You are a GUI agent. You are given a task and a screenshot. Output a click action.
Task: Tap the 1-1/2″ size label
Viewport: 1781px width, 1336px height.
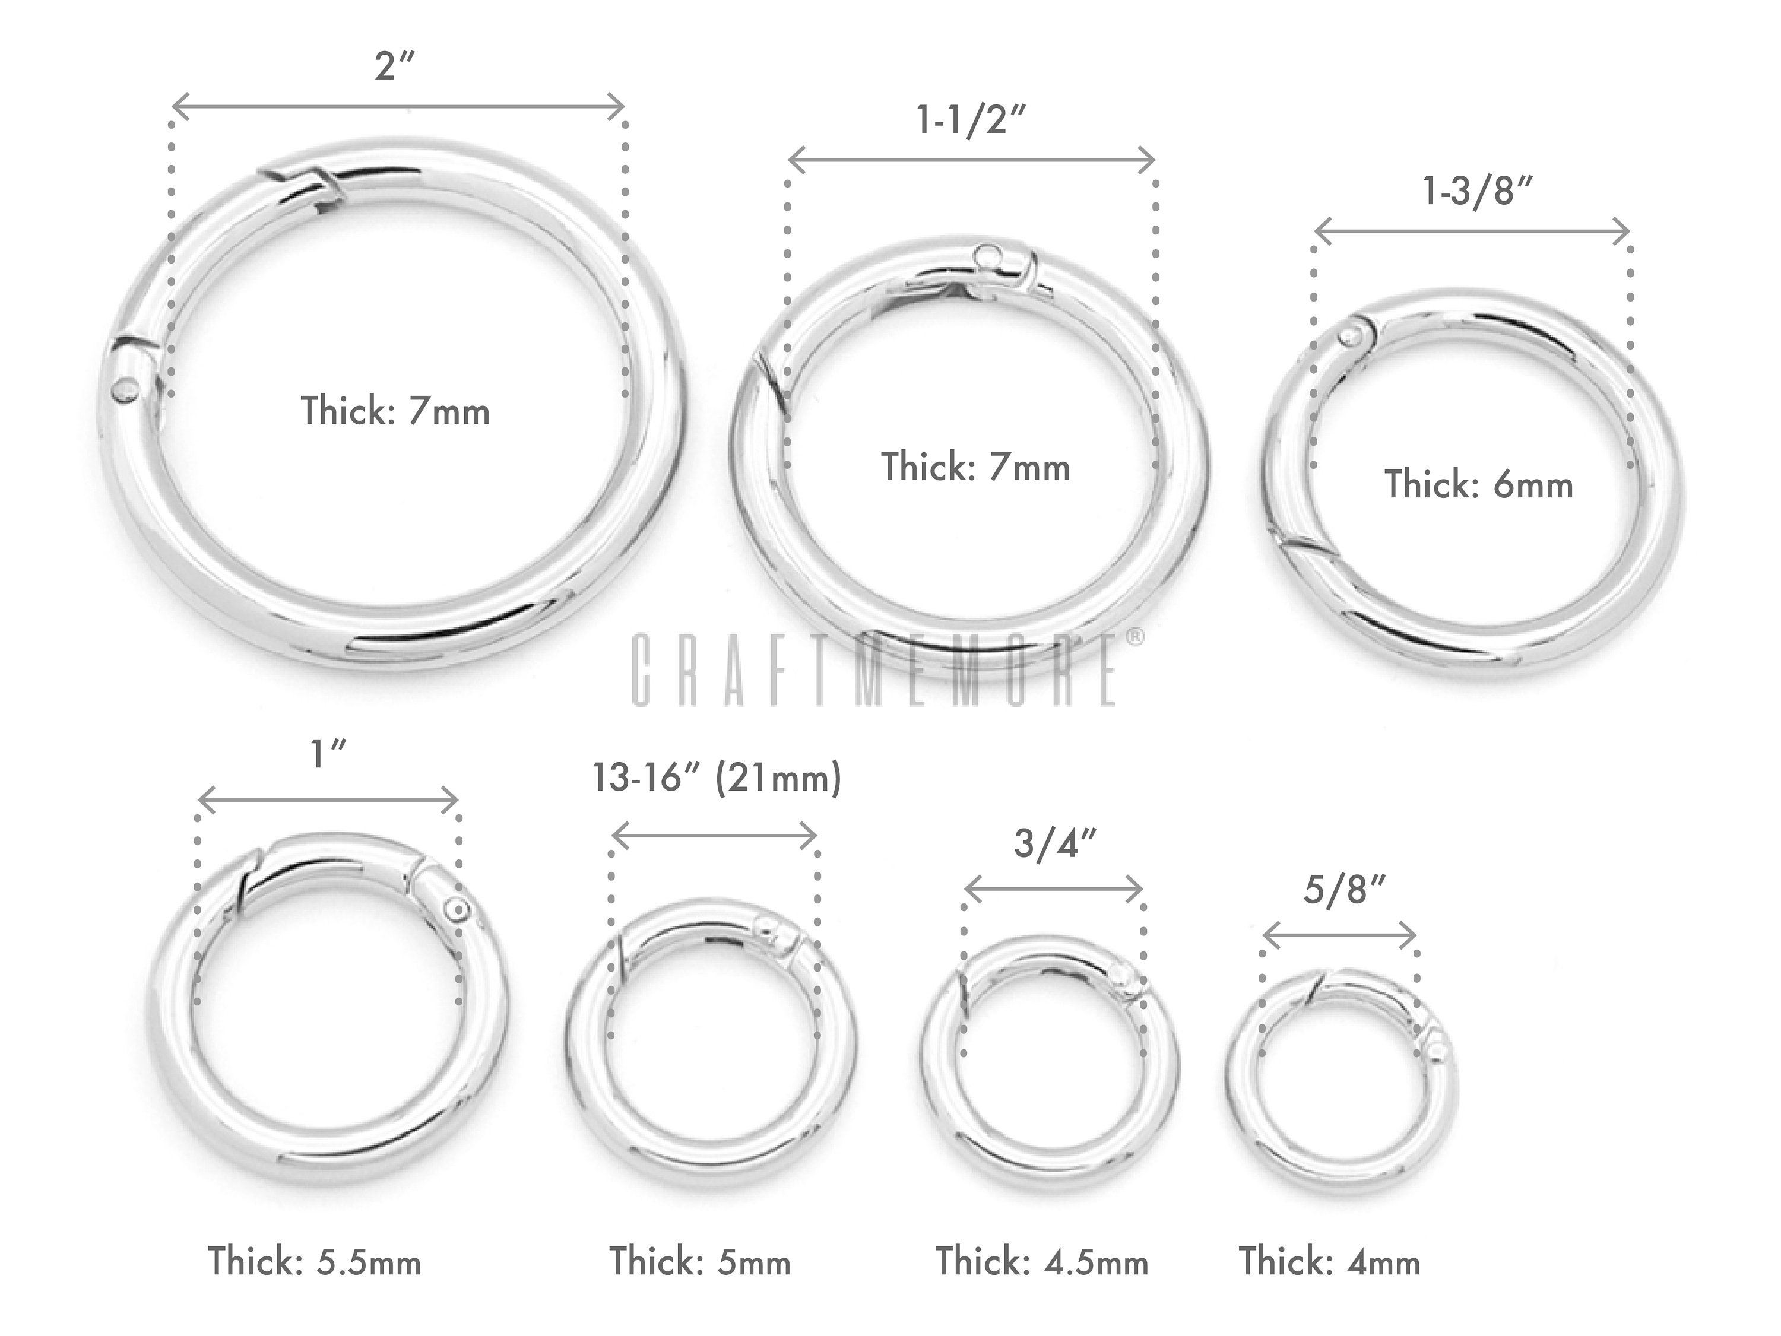click(x=972, y=120)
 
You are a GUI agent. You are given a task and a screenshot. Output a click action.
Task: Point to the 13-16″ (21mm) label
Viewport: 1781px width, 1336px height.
click(x=717, y=778)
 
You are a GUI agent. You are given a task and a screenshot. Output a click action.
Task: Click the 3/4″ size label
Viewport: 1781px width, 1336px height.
click(x=1055, y=843)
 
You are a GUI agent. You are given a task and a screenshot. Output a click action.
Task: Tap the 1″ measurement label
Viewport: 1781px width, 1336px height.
click(x=328, y=755)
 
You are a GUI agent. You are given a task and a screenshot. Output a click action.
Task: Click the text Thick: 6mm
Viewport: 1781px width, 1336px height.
click(x=1478, y=484)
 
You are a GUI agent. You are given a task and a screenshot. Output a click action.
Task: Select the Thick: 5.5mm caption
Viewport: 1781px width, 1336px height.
click(x=315, y=1261)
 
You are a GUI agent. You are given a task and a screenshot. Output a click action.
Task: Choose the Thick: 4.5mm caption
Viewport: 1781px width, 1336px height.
click(x=1041, y=1261)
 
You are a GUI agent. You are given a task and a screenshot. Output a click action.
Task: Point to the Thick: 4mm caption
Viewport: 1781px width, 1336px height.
click(x=1329, y=1261)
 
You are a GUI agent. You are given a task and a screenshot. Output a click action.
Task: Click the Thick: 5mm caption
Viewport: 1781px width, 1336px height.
click(x=700, y=1261)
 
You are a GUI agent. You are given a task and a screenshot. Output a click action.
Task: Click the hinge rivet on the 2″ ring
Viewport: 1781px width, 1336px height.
click(x=125, y=391)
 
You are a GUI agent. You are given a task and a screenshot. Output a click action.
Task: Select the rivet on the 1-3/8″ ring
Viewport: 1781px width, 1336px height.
click(x=1352, y=335)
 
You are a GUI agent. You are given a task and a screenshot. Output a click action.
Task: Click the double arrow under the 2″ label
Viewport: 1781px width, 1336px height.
click(x=398, y=106)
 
